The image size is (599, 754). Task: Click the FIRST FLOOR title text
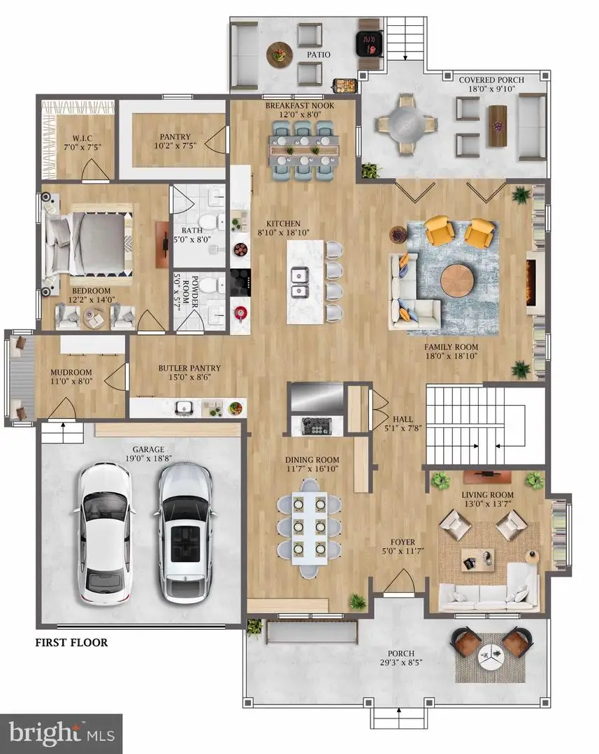coord(71,642)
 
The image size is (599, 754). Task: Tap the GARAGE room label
coord(148,449)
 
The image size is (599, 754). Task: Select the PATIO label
coord(319,55)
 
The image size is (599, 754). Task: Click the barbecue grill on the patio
coord(369,44)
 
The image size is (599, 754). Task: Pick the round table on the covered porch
coord(406,124)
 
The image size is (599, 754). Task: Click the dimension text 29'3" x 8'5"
coord(400,662)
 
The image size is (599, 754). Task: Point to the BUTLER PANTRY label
coord(189,368)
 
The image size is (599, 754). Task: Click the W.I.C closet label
coord(82,138)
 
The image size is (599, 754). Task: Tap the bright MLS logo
coord(61,734)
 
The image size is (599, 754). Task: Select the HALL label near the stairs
coord(403,420)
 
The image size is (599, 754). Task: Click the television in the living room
coord(487,476)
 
